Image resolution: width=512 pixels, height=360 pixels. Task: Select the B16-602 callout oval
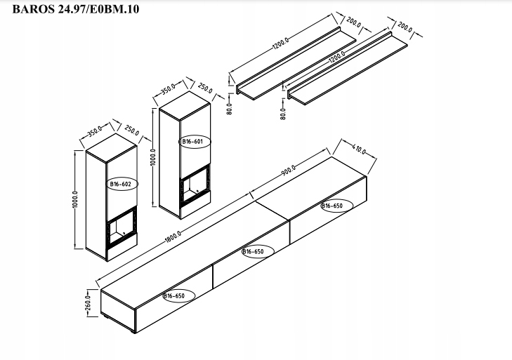[120, 184]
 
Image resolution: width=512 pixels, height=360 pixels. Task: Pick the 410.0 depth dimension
[361, 150]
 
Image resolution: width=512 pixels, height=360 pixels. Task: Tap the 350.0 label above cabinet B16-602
[96, 131]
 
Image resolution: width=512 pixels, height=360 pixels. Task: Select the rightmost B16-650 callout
[332, 206]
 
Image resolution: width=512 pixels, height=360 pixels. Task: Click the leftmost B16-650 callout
[174, 296]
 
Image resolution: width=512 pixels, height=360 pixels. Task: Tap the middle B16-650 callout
[253, 251]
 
